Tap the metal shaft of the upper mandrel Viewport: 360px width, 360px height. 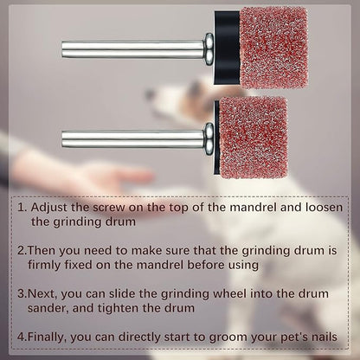[x=130, y=49]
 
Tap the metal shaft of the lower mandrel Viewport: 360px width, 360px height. [x=130, y=138]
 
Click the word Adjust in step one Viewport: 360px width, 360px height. [x=51, y=209]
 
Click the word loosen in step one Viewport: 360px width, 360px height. [x=324, y=209]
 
